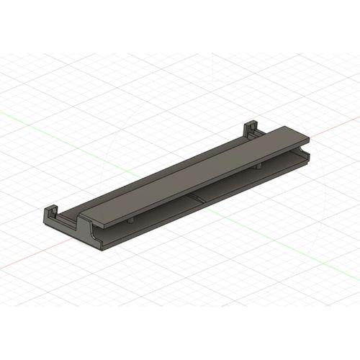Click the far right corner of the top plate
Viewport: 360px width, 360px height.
[308, 138]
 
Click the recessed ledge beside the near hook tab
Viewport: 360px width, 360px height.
[68, 217]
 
